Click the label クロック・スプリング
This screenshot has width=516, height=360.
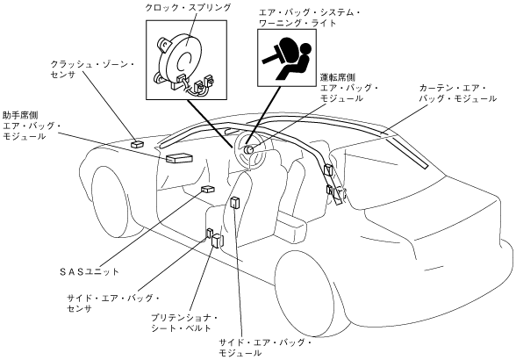coord(188,8)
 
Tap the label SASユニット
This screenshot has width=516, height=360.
coord(89,271)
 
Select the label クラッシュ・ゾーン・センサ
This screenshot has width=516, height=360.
coord(92,69)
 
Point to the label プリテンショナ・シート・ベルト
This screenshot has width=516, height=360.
coord(184,323)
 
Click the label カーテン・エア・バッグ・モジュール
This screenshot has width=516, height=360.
coord(457,93)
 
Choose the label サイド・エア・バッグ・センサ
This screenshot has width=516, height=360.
coord(113,303)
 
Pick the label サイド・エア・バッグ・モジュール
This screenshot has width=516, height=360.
coord(265,348)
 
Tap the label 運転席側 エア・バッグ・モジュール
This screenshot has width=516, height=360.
coord(349,88)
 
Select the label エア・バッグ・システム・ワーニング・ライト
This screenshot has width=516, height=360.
coord(309,18)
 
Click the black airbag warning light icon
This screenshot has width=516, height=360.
coord(287,58)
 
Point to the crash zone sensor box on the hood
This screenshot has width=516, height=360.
coord(138,144)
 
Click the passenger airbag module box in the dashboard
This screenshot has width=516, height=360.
coord(179,158)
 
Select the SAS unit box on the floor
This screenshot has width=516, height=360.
coord(208,189)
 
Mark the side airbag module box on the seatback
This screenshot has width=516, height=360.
coord(234,203)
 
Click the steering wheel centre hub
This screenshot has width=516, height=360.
coord(247,150)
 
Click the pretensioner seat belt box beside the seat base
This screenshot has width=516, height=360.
coord(218,241)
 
